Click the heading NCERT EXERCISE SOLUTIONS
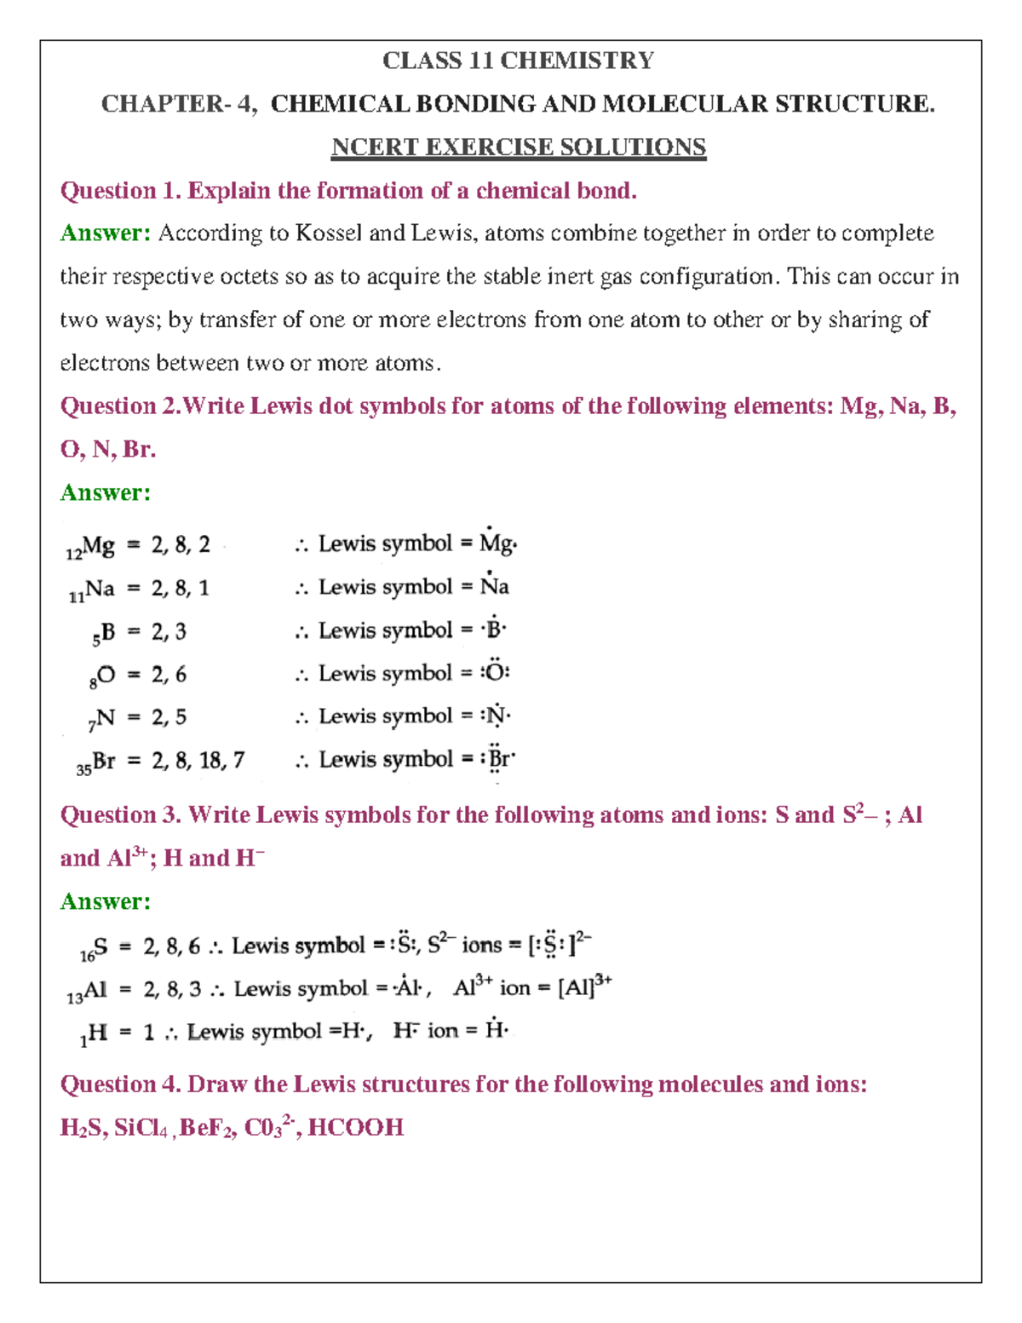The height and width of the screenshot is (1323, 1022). click(x=518, y=147)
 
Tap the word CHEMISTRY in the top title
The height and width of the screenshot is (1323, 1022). click(x=577, y=60)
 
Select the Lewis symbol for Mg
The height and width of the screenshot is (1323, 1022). click(x=497, y=544)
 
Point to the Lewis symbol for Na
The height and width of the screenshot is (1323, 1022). click(x=494, y=586)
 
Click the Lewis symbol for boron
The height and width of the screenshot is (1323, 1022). click(x=493, y=630)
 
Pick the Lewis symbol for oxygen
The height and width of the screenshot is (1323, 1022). click(x=495, y=672)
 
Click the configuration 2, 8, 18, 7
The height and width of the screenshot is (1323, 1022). click(x=198, y=760)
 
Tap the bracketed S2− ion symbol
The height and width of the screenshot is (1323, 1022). click(x=559, y=945)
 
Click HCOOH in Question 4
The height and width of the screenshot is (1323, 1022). click(x=355, y=1128)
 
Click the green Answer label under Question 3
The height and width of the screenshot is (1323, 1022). click(x=105, y=901)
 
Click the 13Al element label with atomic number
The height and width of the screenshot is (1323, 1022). click(x=88, y=991)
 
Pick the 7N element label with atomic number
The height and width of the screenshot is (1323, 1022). click(x=100, y=719)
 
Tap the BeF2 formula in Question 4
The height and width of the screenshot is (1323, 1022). click(x=207, y=1128)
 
